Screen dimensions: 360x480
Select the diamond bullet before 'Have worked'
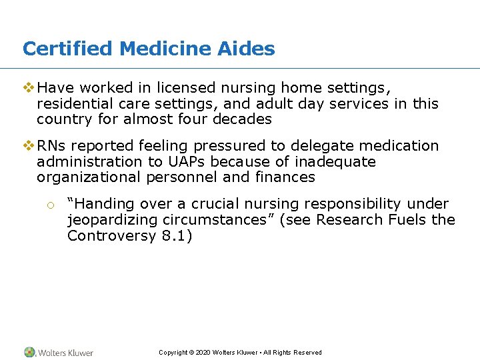(28, 87)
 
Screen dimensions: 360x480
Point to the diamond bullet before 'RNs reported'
(28, 145)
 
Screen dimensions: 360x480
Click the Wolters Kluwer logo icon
(30, 352)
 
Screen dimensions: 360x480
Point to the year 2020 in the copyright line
(203, 353)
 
